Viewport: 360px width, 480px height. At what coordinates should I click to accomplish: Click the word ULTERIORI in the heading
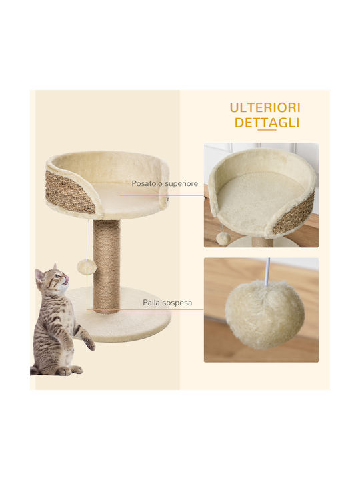265,108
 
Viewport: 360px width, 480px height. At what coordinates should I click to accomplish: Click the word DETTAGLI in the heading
267,123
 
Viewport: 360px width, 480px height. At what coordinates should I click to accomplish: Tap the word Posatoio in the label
147,184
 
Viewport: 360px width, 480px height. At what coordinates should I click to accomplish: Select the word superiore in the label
181,184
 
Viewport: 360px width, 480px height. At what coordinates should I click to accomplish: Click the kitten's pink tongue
66,277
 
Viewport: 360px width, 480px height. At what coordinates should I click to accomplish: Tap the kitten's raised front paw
90,344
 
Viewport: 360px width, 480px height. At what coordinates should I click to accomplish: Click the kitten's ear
39,274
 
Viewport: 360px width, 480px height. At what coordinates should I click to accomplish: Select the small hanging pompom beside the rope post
87,267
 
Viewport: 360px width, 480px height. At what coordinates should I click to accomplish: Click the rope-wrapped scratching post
107,266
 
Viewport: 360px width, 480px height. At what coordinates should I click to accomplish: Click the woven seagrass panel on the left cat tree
69,192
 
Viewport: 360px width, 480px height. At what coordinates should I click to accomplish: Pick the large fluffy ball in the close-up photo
265,315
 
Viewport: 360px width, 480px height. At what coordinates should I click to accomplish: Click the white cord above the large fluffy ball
267,271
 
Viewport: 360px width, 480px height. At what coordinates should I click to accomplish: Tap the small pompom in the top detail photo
223,239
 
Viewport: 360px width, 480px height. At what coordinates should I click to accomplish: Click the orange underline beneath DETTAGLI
267,130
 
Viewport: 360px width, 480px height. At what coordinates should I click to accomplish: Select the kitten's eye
56,276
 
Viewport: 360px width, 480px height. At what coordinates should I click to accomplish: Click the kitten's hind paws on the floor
66,371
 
